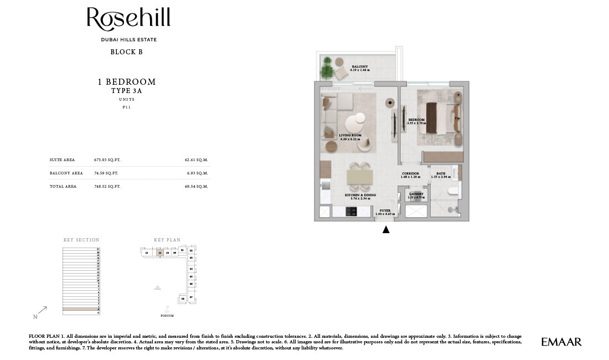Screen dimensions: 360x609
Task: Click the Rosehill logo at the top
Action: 128,19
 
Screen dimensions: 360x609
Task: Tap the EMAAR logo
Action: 561,342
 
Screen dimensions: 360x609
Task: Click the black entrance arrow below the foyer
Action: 386,229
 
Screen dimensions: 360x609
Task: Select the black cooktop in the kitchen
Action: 351,211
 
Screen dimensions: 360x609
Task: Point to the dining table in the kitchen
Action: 359,177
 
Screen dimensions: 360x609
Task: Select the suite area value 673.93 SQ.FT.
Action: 107,160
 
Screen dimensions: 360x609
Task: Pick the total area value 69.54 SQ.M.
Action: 196,187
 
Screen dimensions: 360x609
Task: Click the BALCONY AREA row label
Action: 66,173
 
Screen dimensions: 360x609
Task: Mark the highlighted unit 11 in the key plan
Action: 160,253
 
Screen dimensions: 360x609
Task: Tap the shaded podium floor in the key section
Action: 81,308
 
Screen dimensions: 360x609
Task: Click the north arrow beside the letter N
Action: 43,311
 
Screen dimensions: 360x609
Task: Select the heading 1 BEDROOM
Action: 127,82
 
